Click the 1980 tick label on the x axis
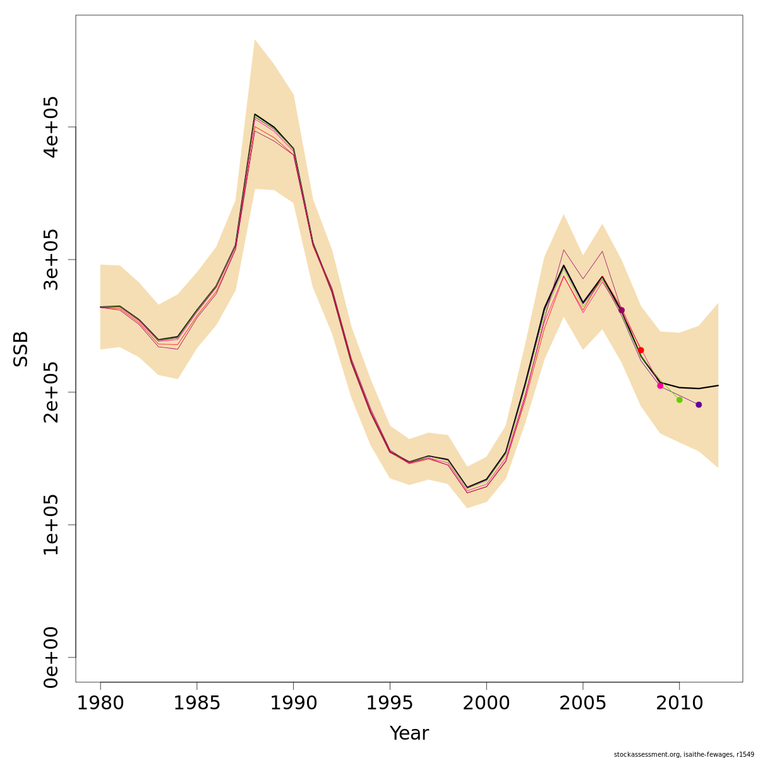click(x=100, y=702)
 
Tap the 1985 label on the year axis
click(x=197, y=702)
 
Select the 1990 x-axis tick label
click(x=293, y=702)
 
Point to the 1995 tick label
click(x=390, y=702)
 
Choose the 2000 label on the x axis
click(x=486, y=702)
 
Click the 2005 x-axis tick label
click(x=583, y=702)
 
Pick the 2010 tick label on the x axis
click(x=679, y=702)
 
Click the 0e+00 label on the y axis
click(x=51, y=658)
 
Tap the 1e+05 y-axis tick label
click(x=51, y=525)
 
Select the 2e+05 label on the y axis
click(x=51, y=392)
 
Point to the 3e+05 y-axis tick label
click(x=51, y=260)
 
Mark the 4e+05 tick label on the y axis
click(x=51, y=127)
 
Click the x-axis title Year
click(x=409, y=733)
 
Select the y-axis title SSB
click(x=21, y=349)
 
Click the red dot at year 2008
click(x=641, y=350)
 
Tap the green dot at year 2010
click(x=679, y=400)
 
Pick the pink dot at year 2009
click(x=660, y=385)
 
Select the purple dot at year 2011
click(x=699, y=404)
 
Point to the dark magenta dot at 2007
click(x=622, y=310)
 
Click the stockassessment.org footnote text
click(x=683, y=754)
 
